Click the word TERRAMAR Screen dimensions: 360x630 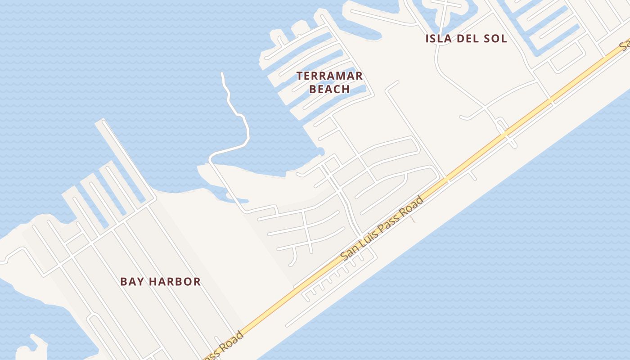pyautogui.click(x=329, y=76)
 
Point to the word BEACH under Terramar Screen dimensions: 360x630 pyautogui.click(x=329, y=89)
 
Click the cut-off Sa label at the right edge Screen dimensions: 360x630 pyautogui.click(x=625, y=45)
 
